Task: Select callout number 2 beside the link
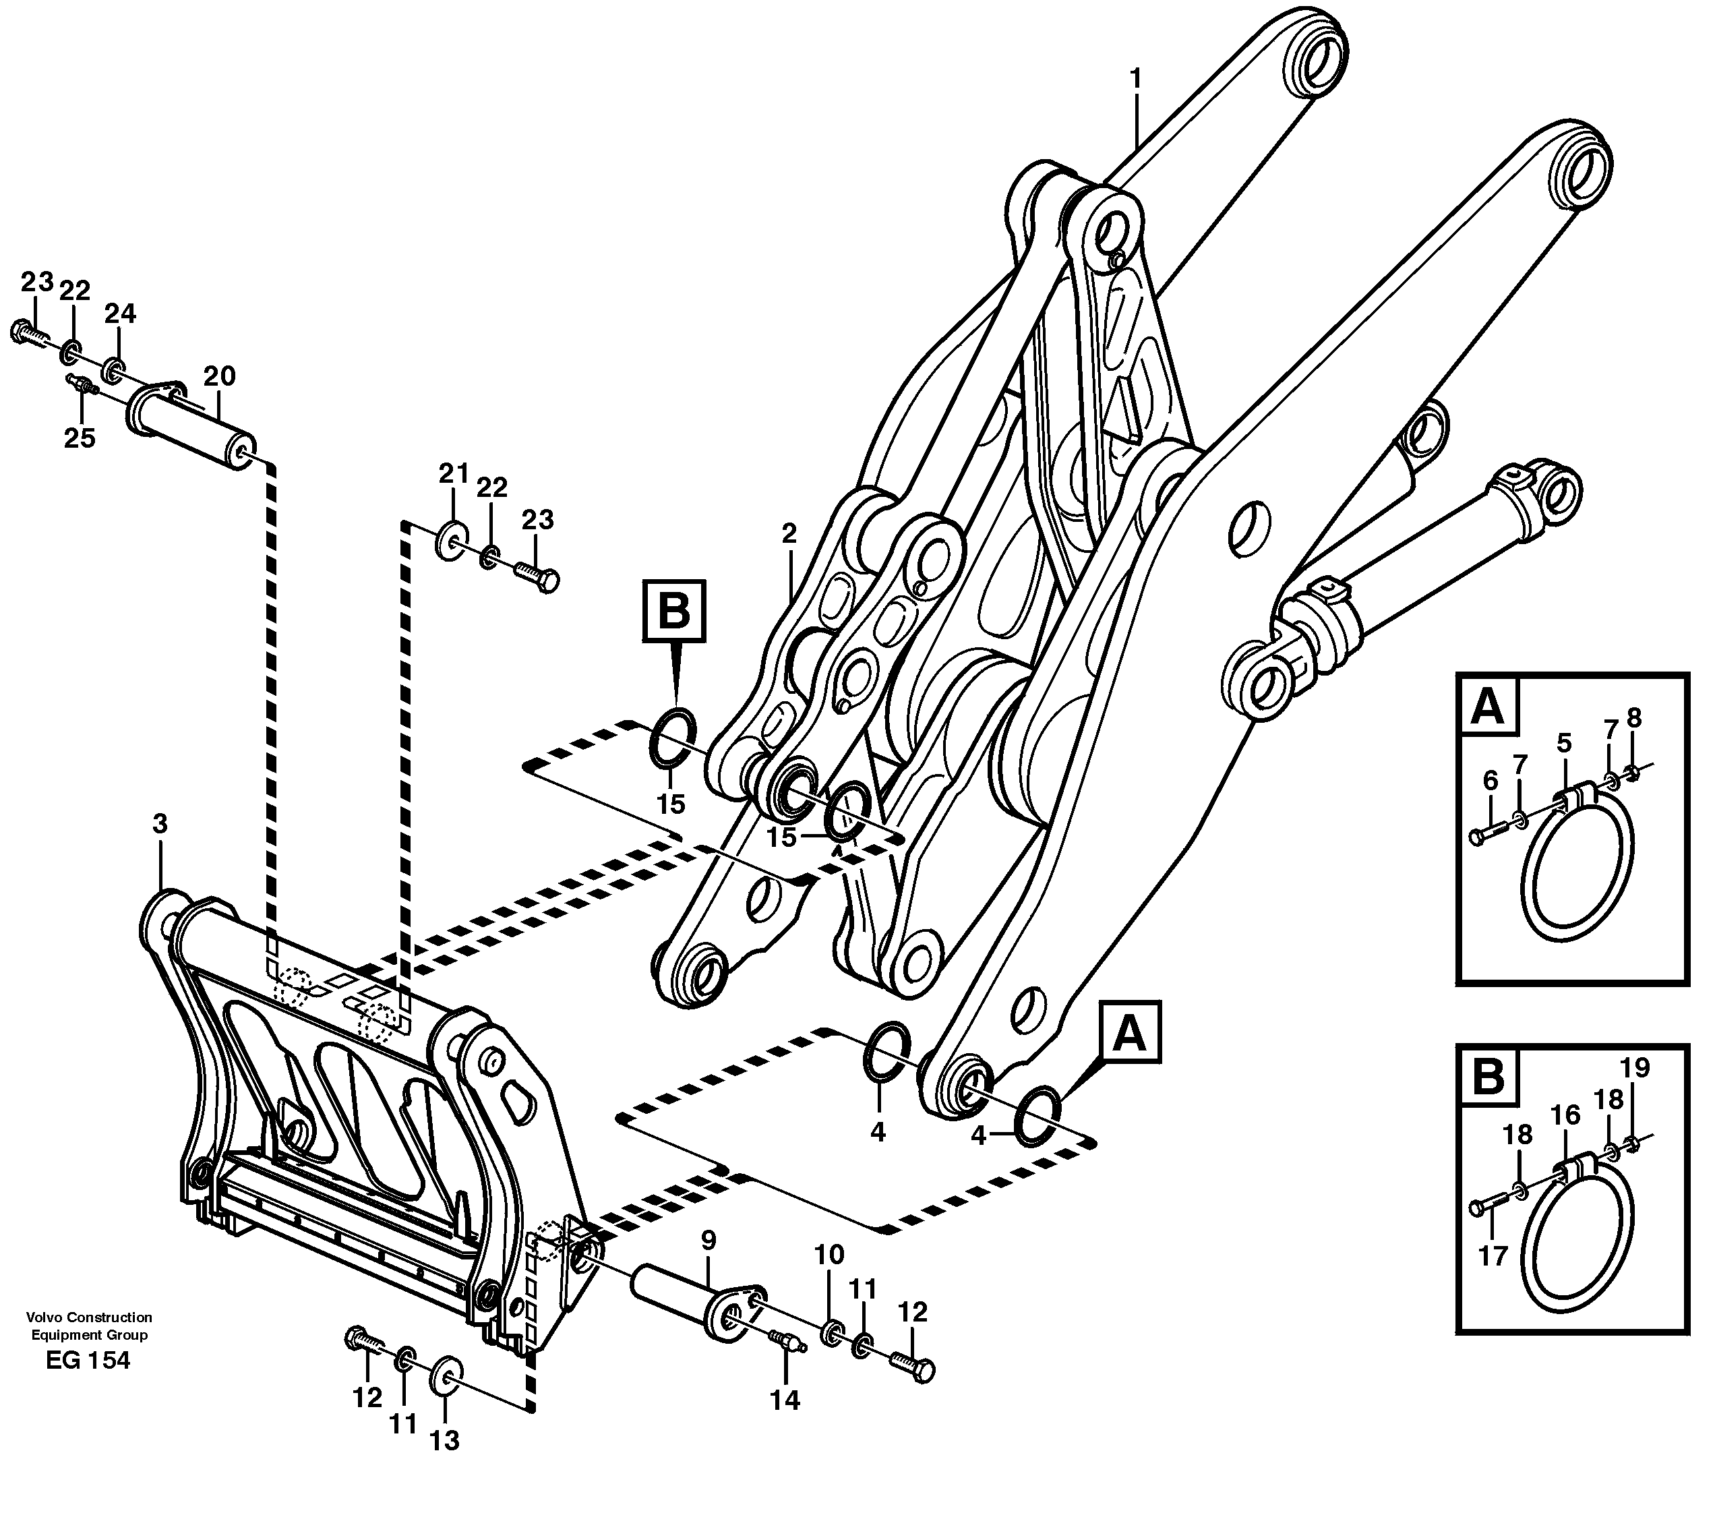click(788, 534)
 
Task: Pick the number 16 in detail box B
click(1565, 1115)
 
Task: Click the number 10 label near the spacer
click(829, 1255)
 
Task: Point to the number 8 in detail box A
click(1633, 717)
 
